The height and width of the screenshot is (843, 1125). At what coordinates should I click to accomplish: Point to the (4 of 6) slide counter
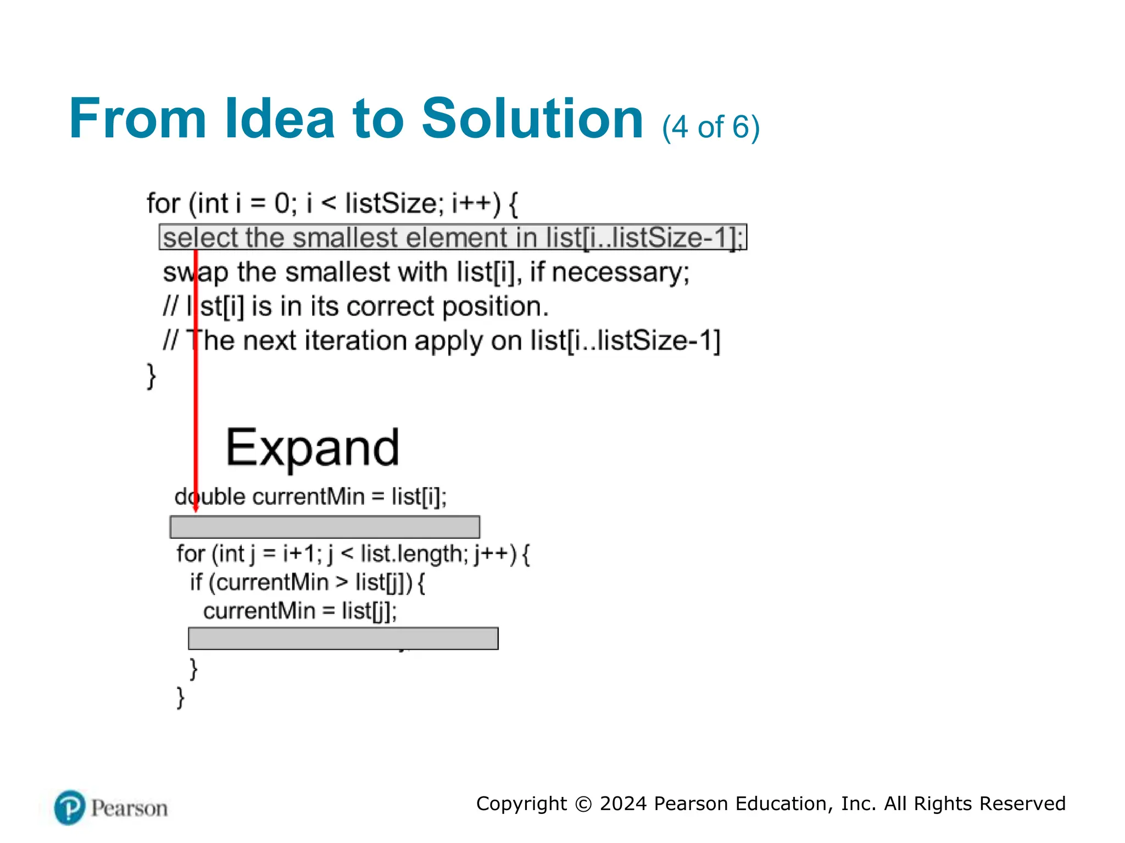pyautogui.click(x=711, y=127)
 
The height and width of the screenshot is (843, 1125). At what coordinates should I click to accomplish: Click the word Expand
pyautogui.click(x=313, y=448)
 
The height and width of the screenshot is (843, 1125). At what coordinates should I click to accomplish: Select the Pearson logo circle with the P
pyautogui.click(x=70, y=807)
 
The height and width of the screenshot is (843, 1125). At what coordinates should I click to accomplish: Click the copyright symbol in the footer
pyautogui.click(x=583, y=804)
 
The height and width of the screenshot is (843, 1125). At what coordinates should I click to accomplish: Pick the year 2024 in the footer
pyautogui.click(x=623, y=803)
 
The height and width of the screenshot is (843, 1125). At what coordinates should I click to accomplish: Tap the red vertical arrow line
pyautogui.click(x=196, y=384)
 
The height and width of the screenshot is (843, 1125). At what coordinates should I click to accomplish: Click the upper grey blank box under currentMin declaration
pyautogui.click(x=325, y=527)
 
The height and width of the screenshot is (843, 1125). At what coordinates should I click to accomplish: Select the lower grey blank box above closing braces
pyautogui.click(x=343, y=638)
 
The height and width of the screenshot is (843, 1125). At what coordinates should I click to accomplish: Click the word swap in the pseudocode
pyautogui.click(x=196, y=272)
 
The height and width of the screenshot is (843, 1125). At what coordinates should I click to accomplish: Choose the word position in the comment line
pyautogui.click(x=494, y=307)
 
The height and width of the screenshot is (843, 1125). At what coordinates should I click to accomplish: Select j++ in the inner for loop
pyautogui.click(x=495, y=554)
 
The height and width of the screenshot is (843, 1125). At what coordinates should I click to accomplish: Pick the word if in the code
pyautogui.click(x=196, y=582)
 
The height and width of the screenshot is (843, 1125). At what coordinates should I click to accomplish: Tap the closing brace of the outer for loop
pyautogui.click(x=151, y=376)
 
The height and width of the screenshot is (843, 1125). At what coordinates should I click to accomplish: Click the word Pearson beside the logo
pyautogui.click(x=129, y=808)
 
